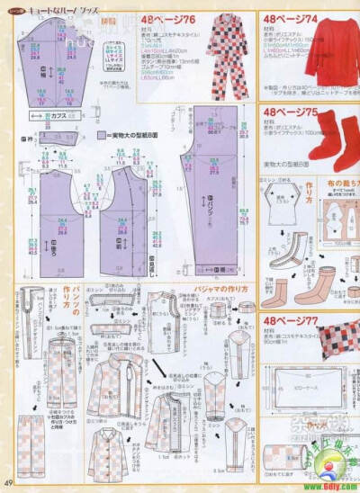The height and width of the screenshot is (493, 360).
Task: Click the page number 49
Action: coord(7,485)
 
